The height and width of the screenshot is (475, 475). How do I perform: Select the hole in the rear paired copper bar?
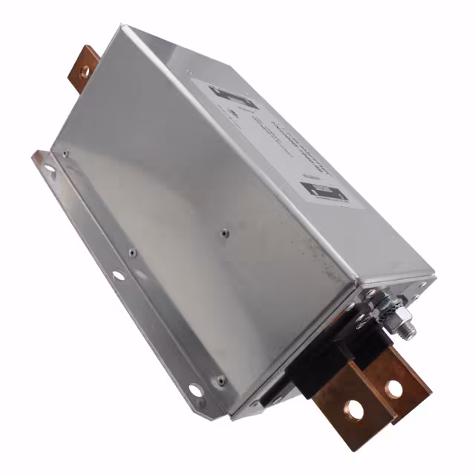[x=394, y=388]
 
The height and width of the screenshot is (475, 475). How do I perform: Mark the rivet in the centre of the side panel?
[x=223, y=232]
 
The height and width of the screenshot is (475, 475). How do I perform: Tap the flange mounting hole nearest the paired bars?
[x=194, y=389]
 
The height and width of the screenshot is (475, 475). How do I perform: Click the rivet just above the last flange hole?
[x=220, y=380]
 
